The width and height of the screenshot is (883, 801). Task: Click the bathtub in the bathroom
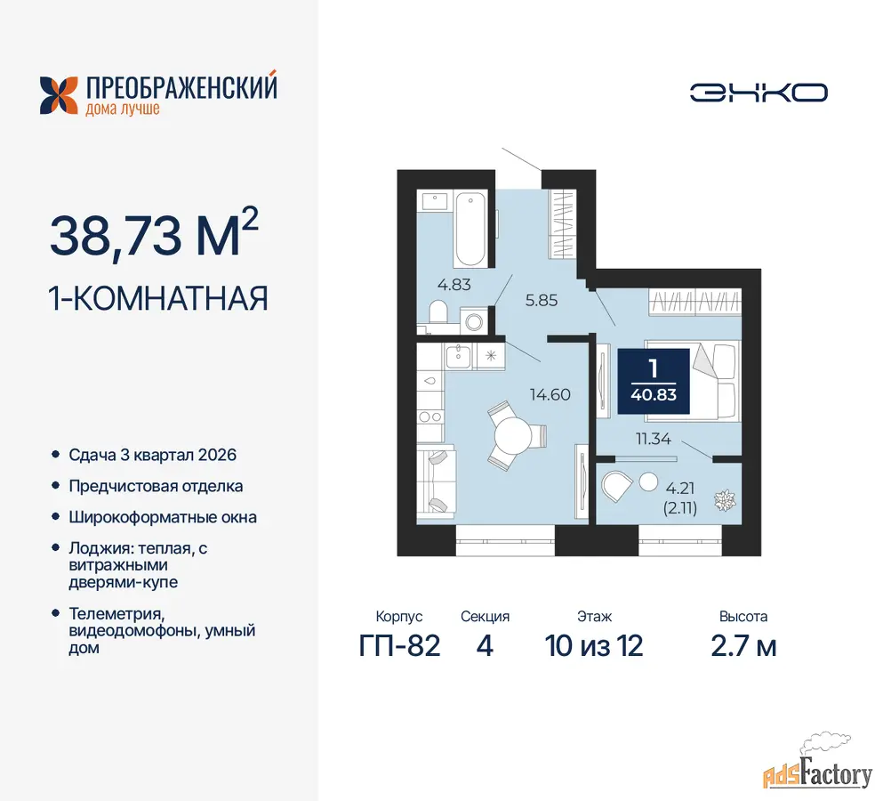coord(470,229)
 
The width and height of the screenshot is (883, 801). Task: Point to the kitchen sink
coord(458,356)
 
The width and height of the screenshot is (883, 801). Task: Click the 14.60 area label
coord(550,394)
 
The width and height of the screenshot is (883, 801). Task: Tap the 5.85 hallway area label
coord(542,301)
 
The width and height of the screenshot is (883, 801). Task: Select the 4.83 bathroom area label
coord(454,285)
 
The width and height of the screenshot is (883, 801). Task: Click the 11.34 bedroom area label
coord(654,439)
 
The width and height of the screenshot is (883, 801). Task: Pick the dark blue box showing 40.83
coord(654,382)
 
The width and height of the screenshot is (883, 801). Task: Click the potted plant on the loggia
coord(725,500)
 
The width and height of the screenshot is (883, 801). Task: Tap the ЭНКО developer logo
coord(759,93)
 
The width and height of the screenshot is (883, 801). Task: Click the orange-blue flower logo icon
coord(59,96)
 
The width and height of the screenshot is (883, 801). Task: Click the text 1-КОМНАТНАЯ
coord(158,298)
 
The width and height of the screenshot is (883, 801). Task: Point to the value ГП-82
coord(399,645)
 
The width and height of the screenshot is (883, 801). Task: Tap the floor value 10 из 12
coord(593,645)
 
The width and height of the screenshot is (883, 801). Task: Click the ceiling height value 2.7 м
coord(743,645)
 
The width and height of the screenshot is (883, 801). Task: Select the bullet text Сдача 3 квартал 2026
coord(153,455)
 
